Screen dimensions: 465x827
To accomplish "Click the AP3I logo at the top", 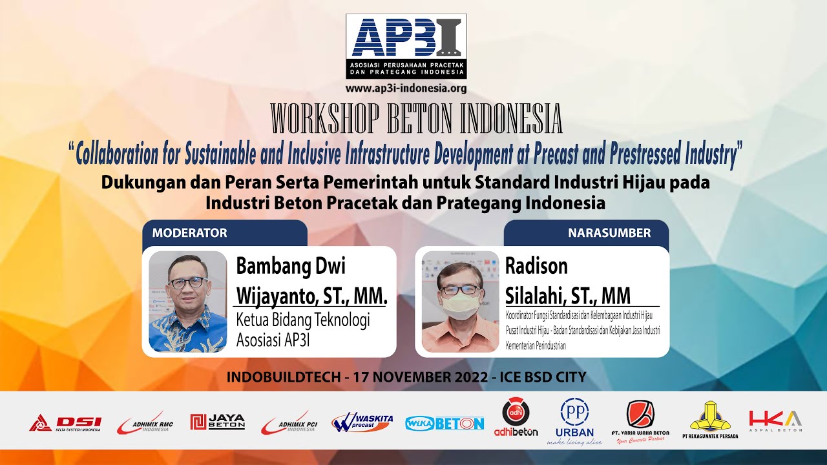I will [x=406, y=46].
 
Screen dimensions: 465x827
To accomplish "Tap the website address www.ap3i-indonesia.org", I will [x=406, y=88].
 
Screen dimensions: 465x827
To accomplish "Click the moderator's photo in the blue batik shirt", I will [x=188, y=302].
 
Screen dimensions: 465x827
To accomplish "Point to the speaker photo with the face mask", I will [x=460, y=302].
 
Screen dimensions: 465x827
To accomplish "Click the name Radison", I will [x=536, y=266].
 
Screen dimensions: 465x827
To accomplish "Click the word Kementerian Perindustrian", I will [x=536, y=346].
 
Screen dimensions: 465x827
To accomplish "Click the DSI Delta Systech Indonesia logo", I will [x=65, y=423].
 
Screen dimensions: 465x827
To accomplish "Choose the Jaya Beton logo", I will [x=218, y=422].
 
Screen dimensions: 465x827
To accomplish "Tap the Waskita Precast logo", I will [x=362, y=422].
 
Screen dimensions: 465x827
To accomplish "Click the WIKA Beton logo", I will [x=445, y=424].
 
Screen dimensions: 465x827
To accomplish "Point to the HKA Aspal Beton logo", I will [x=775, y=420].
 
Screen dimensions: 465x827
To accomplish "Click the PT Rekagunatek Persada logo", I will [x=709, y=421].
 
